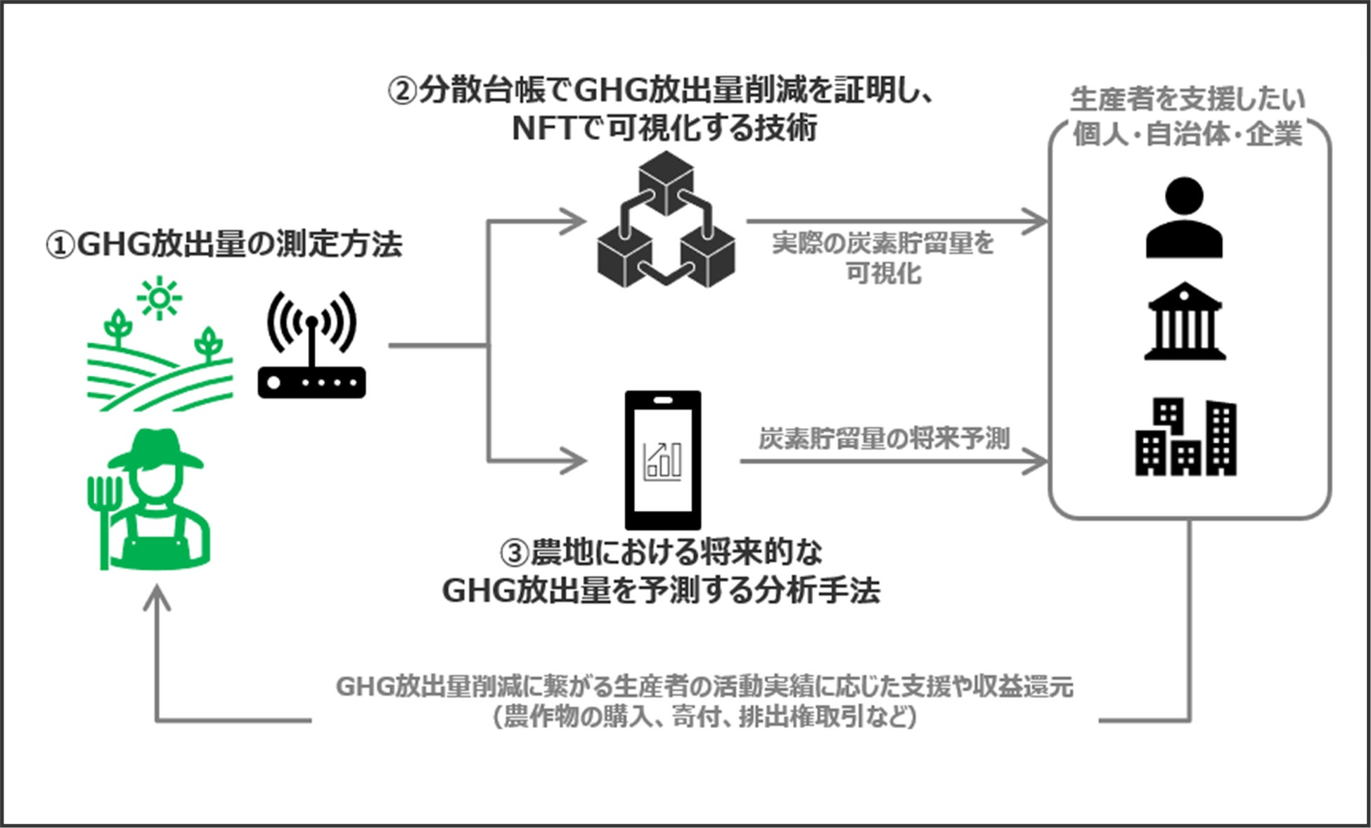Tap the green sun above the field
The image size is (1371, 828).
coord(160,298)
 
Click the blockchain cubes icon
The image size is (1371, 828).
coord(665,221)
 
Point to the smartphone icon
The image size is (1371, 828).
coord(662,460)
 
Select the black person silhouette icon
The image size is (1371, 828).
coord(1184,218)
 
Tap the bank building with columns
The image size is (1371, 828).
coord(1185,321)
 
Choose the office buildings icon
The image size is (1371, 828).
coord(1185,436)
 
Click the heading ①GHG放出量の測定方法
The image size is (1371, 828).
coord(224,245)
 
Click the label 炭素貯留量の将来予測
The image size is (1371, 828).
coord(884,438)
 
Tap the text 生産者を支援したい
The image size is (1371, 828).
coord(1187,99)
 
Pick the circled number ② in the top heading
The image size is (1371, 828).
coord(403,91)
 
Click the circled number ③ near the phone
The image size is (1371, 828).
coord(514,552)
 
